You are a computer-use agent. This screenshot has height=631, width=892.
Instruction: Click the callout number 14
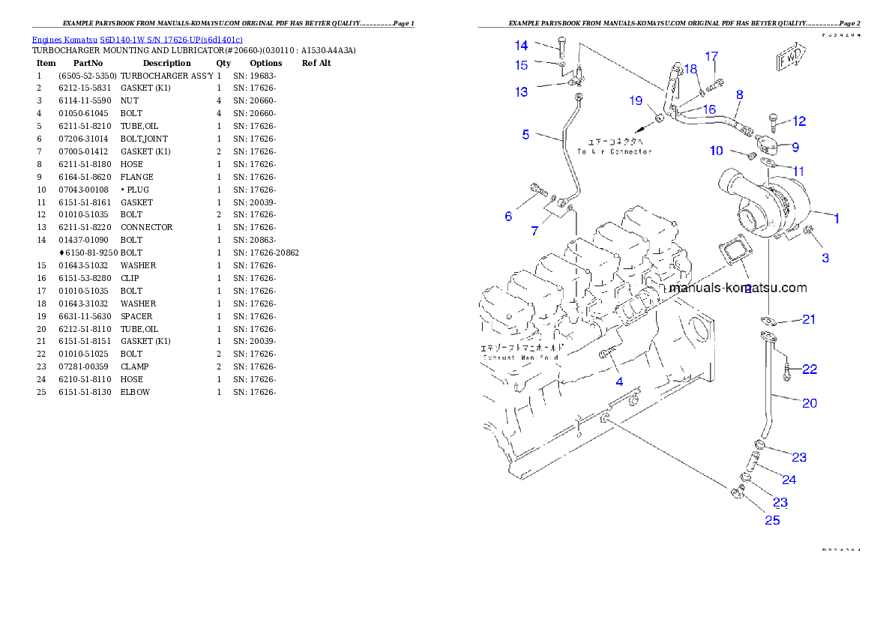click(x=521, y=46)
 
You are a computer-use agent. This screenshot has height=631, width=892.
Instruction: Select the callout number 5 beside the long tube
click(x=526, y=135)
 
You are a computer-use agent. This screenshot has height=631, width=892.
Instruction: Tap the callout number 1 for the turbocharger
click(x=837, y=219)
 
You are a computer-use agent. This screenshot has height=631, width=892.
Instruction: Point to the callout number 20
click(x=810, y=403)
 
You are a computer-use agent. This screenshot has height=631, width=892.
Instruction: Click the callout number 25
click(x=772, y=520)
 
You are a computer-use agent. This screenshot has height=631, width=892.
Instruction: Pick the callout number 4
click(x=619, y=381)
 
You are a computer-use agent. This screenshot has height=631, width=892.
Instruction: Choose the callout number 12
click(x=799, y=121)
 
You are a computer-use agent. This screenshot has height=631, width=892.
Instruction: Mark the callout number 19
click(x=636, y=101)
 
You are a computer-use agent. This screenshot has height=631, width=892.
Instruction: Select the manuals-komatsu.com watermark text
click(x=738, y=288)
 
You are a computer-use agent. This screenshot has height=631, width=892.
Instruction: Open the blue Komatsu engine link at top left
click(x=137, y=40)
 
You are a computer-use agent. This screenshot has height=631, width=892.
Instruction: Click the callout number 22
click(x=810, y=369)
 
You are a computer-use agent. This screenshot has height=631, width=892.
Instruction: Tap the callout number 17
click(x=711, y=56)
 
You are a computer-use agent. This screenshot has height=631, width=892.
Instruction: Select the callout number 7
click(x=534, y=232)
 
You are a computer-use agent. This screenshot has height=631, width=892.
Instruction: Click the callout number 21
click(x=808, y=320)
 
